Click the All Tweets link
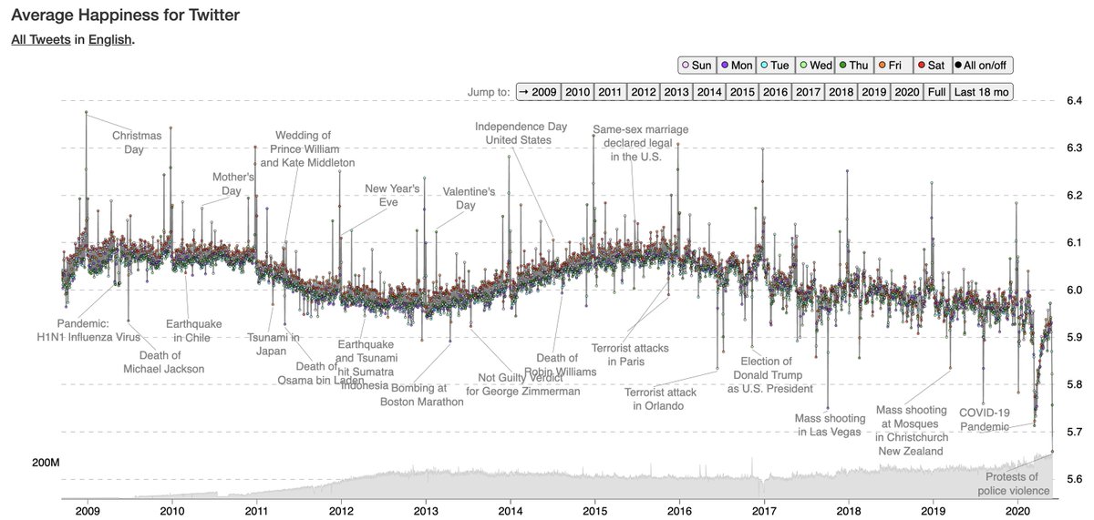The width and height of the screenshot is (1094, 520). [x=40, y=40]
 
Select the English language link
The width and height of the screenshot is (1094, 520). [x=109, y=40]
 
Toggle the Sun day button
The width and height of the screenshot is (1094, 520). [x=697, y=66]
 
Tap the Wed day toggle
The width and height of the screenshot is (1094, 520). [x=815, y=66]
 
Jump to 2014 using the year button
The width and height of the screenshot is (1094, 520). [x=710, y=92]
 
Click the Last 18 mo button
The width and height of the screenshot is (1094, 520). [x=981, y=92]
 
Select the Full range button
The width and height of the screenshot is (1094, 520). [x=936, y=92]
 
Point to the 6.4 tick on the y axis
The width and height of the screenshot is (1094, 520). [x=1075, y=100]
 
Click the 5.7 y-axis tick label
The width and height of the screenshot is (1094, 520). [x=1075, y=432]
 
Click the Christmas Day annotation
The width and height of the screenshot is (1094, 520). [x=137, y=142]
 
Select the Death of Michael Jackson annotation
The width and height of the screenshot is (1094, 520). [x=163, y=362]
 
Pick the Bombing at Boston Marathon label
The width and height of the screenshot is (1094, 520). [x=421, y=394]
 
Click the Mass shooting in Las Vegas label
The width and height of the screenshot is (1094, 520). [x=828, y=424]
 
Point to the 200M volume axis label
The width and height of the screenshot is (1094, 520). [x=46, y=464]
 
